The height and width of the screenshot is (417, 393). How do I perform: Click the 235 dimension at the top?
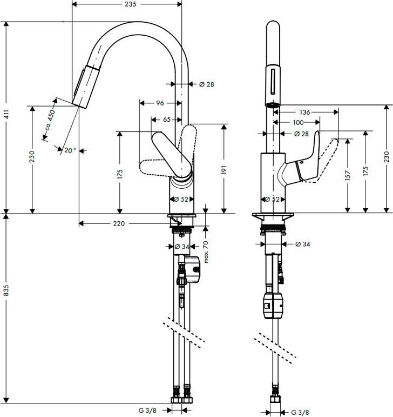click(x=127, y=4)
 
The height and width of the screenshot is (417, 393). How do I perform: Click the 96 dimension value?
click(x=160, y=103)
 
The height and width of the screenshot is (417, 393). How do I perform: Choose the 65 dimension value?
click(x=166, y=120)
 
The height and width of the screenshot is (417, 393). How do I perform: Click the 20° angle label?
click(x=70, y=151)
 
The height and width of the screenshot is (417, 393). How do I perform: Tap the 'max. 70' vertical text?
click(x=206, y=253)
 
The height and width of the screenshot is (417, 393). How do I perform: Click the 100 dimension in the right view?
click(x=297, y=123)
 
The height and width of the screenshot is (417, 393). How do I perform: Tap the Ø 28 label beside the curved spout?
click(x=207, y=84)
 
